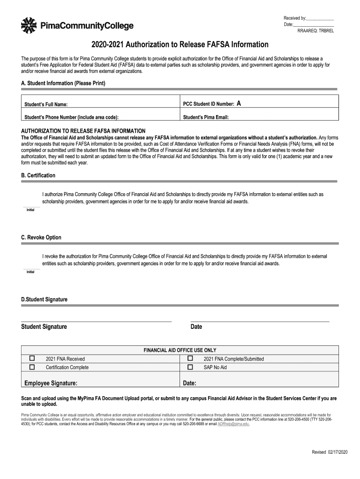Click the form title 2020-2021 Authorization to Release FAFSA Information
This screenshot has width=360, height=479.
point(180,45)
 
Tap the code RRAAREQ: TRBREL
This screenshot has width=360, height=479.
point(316,31)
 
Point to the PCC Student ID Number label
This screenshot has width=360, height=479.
point(209,104)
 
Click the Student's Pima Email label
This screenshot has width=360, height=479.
point(206,117)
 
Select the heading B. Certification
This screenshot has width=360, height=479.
point(38,175)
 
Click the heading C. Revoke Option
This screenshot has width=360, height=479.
point(41,238)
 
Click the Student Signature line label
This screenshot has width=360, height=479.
point(44,327)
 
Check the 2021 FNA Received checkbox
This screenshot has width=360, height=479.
point(32,358)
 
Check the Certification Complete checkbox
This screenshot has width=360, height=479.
point(32,367)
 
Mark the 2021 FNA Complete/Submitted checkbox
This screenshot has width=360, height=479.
point(190,358)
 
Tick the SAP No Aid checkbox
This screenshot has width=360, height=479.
point(190,367)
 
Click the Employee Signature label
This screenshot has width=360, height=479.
point(51,383)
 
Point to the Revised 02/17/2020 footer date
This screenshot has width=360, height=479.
point(330,451)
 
